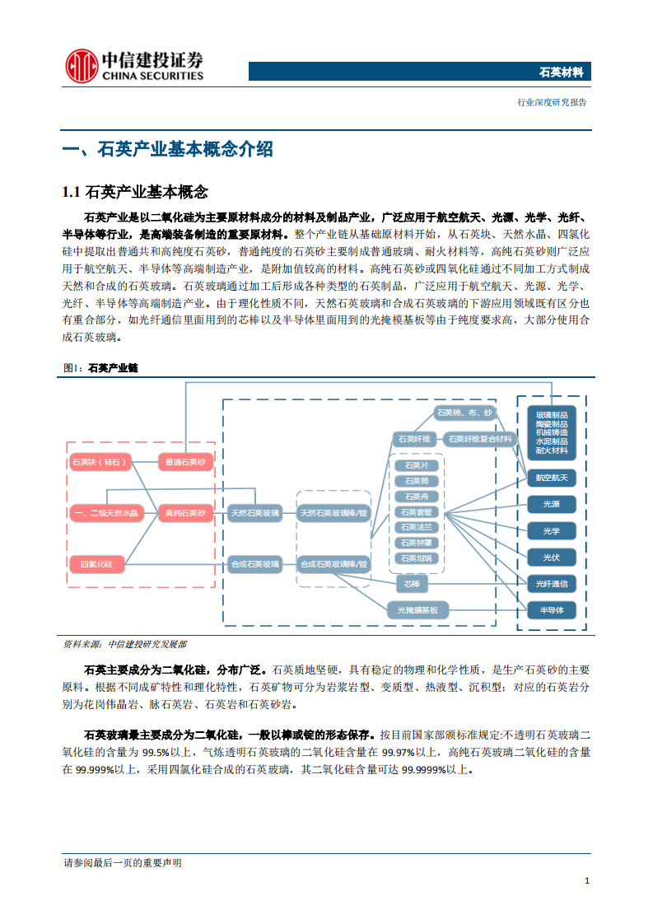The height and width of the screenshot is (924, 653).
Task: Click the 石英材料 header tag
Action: point(561,72)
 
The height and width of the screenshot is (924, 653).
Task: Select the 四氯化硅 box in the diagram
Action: point(96,563)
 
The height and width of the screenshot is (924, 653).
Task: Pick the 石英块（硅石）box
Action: point(100,462)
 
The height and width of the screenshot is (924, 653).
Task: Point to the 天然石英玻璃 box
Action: point(254,512)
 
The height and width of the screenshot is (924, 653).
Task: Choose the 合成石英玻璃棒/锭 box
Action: point(333,564)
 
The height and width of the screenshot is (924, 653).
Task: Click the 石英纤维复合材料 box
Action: point(481,439)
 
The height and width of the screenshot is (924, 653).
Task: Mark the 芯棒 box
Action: point(412,584)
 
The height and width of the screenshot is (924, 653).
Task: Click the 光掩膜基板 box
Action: point(417,610)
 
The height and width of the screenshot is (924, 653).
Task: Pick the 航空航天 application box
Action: point(551,478)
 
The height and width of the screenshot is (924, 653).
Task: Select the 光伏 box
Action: point(551,558)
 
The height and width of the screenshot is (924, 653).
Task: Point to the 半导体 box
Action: point(551,610)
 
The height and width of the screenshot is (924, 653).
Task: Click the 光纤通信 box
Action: point(551,584)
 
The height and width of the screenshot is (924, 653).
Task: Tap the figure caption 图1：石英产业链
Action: point(100,368)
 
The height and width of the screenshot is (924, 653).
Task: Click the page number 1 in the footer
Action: point(586,880)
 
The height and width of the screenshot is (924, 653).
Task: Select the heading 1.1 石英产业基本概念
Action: point(135,193)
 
